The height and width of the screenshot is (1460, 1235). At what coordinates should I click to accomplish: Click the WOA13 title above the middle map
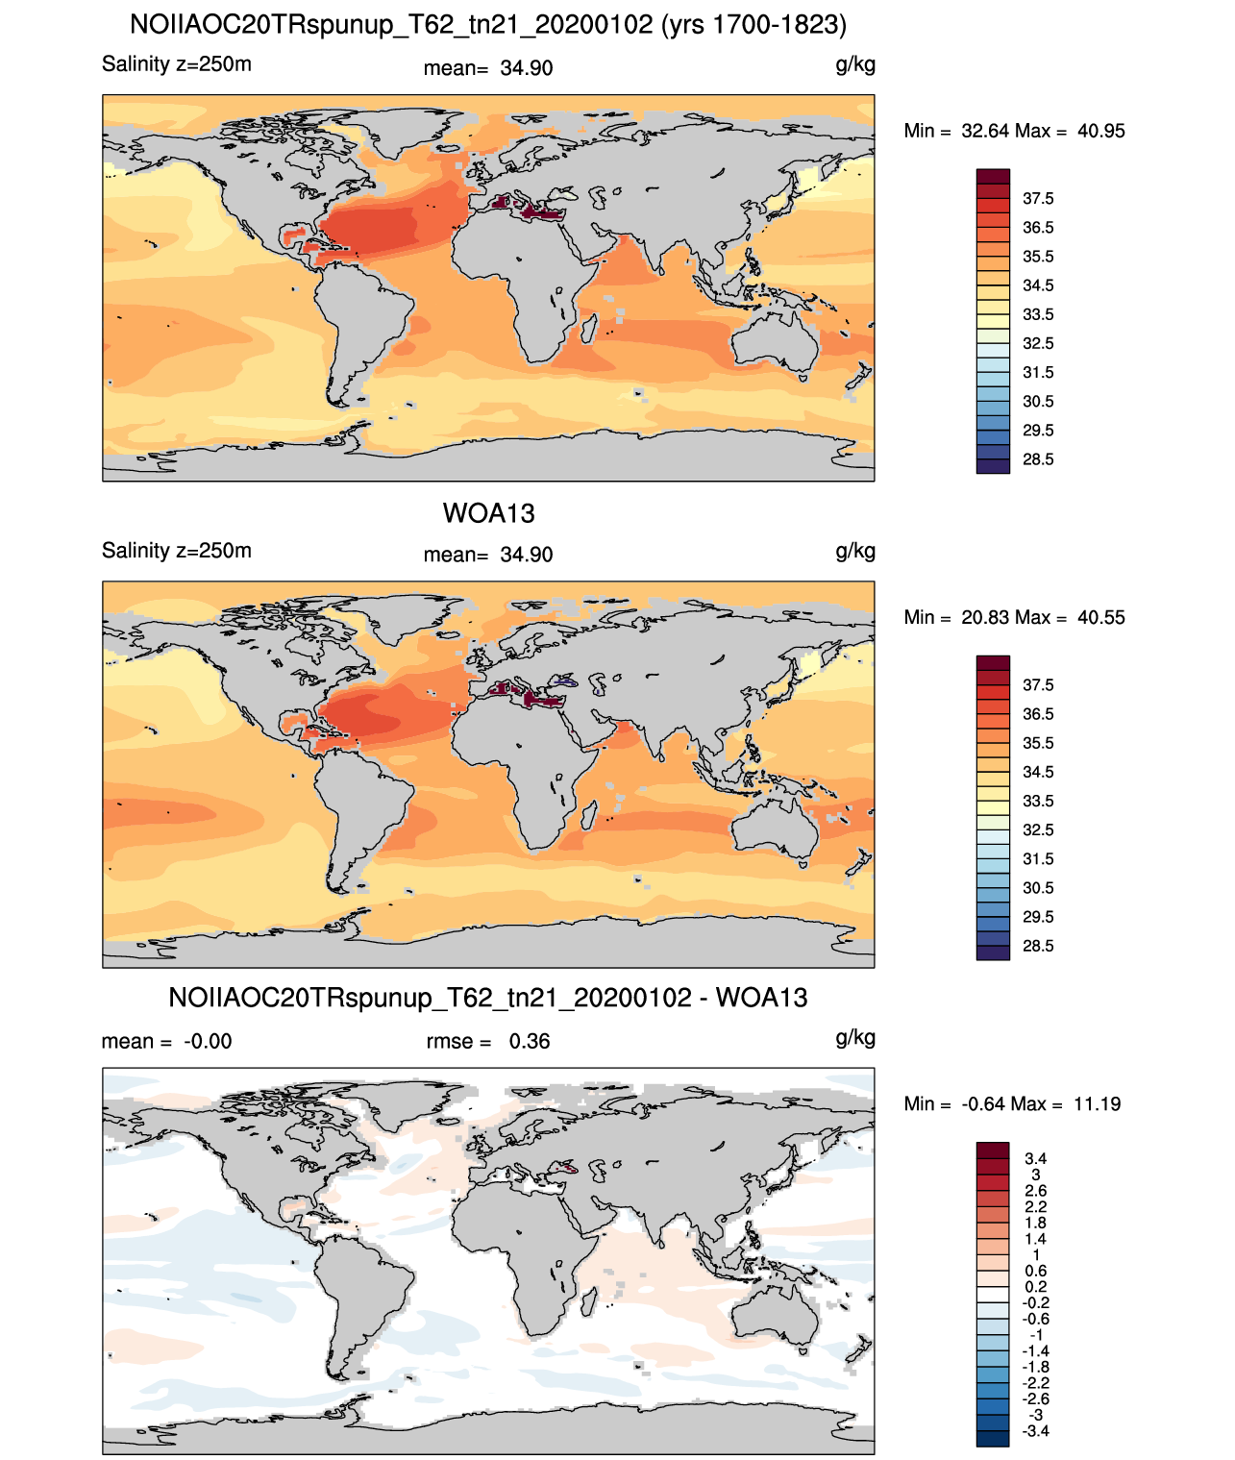(x=488, y=513)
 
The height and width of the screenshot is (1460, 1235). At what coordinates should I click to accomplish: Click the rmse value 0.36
(x=529, y=1041)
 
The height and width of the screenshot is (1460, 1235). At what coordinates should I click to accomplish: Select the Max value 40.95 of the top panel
(x=1100, y=131)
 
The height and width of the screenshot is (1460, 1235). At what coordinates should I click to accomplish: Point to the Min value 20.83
(x=984, y=617)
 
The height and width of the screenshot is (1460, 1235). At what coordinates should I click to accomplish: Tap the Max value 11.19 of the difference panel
(x=1098, y=1104)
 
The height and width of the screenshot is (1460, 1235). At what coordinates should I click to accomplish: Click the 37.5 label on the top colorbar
(x=1038, y=199)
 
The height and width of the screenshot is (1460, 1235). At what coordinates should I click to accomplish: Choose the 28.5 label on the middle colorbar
(x=1038, y=946)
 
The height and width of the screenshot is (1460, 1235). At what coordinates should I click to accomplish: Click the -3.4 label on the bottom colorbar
(x=1036, y=1431)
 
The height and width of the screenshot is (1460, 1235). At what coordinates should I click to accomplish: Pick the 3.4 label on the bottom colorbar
(x=1036, y=1158)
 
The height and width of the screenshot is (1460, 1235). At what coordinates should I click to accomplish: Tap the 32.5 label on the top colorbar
(x=1038, y=343)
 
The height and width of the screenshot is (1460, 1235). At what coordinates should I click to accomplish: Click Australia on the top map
(x=775, y=342)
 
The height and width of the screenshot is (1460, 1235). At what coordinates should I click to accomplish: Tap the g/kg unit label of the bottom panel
(x=855, y=1038)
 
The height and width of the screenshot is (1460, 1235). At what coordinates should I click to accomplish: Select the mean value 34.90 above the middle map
(x=526, y=555)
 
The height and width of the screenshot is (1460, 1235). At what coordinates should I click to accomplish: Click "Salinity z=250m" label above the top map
(x=177, y=64)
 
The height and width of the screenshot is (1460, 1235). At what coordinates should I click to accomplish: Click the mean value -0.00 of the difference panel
(x=208, y=1041)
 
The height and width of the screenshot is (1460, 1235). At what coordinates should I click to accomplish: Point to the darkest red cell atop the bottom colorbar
(x=993, y=1150)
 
